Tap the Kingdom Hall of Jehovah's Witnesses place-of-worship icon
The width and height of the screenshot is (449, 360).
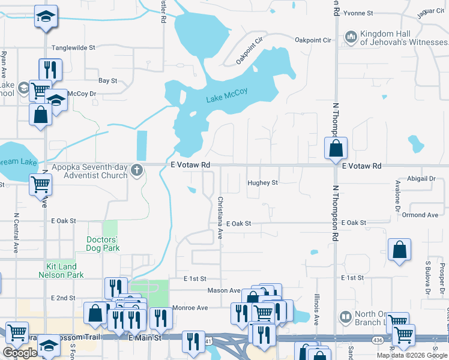pos(350,38)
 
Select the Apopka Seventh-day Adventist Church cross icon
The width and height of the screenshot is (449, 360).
pos(137,170)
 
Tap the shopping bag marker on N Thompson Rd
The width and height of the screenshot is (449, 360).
pos(337,148)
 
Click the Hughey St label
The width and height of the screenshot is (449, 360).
pos(263,183)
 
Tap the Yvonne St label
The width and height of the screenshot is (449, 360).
pos(359,13)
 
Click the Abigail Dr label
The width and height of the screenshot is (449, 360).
pos(422,179)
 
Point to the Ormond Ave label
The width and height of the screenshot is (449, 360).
pos(420,215)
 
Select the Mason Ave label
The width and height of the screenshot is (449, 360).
pos(224,290)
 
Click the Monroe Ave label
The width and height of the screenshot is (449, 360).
pos(190,308)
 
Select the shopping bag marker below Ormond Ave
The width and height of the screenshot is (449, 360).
pos(399,250)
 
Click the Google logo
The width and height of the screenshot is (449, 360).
pos(20,353)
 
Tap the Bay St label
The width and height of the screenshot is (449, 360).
pos(107,80)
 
